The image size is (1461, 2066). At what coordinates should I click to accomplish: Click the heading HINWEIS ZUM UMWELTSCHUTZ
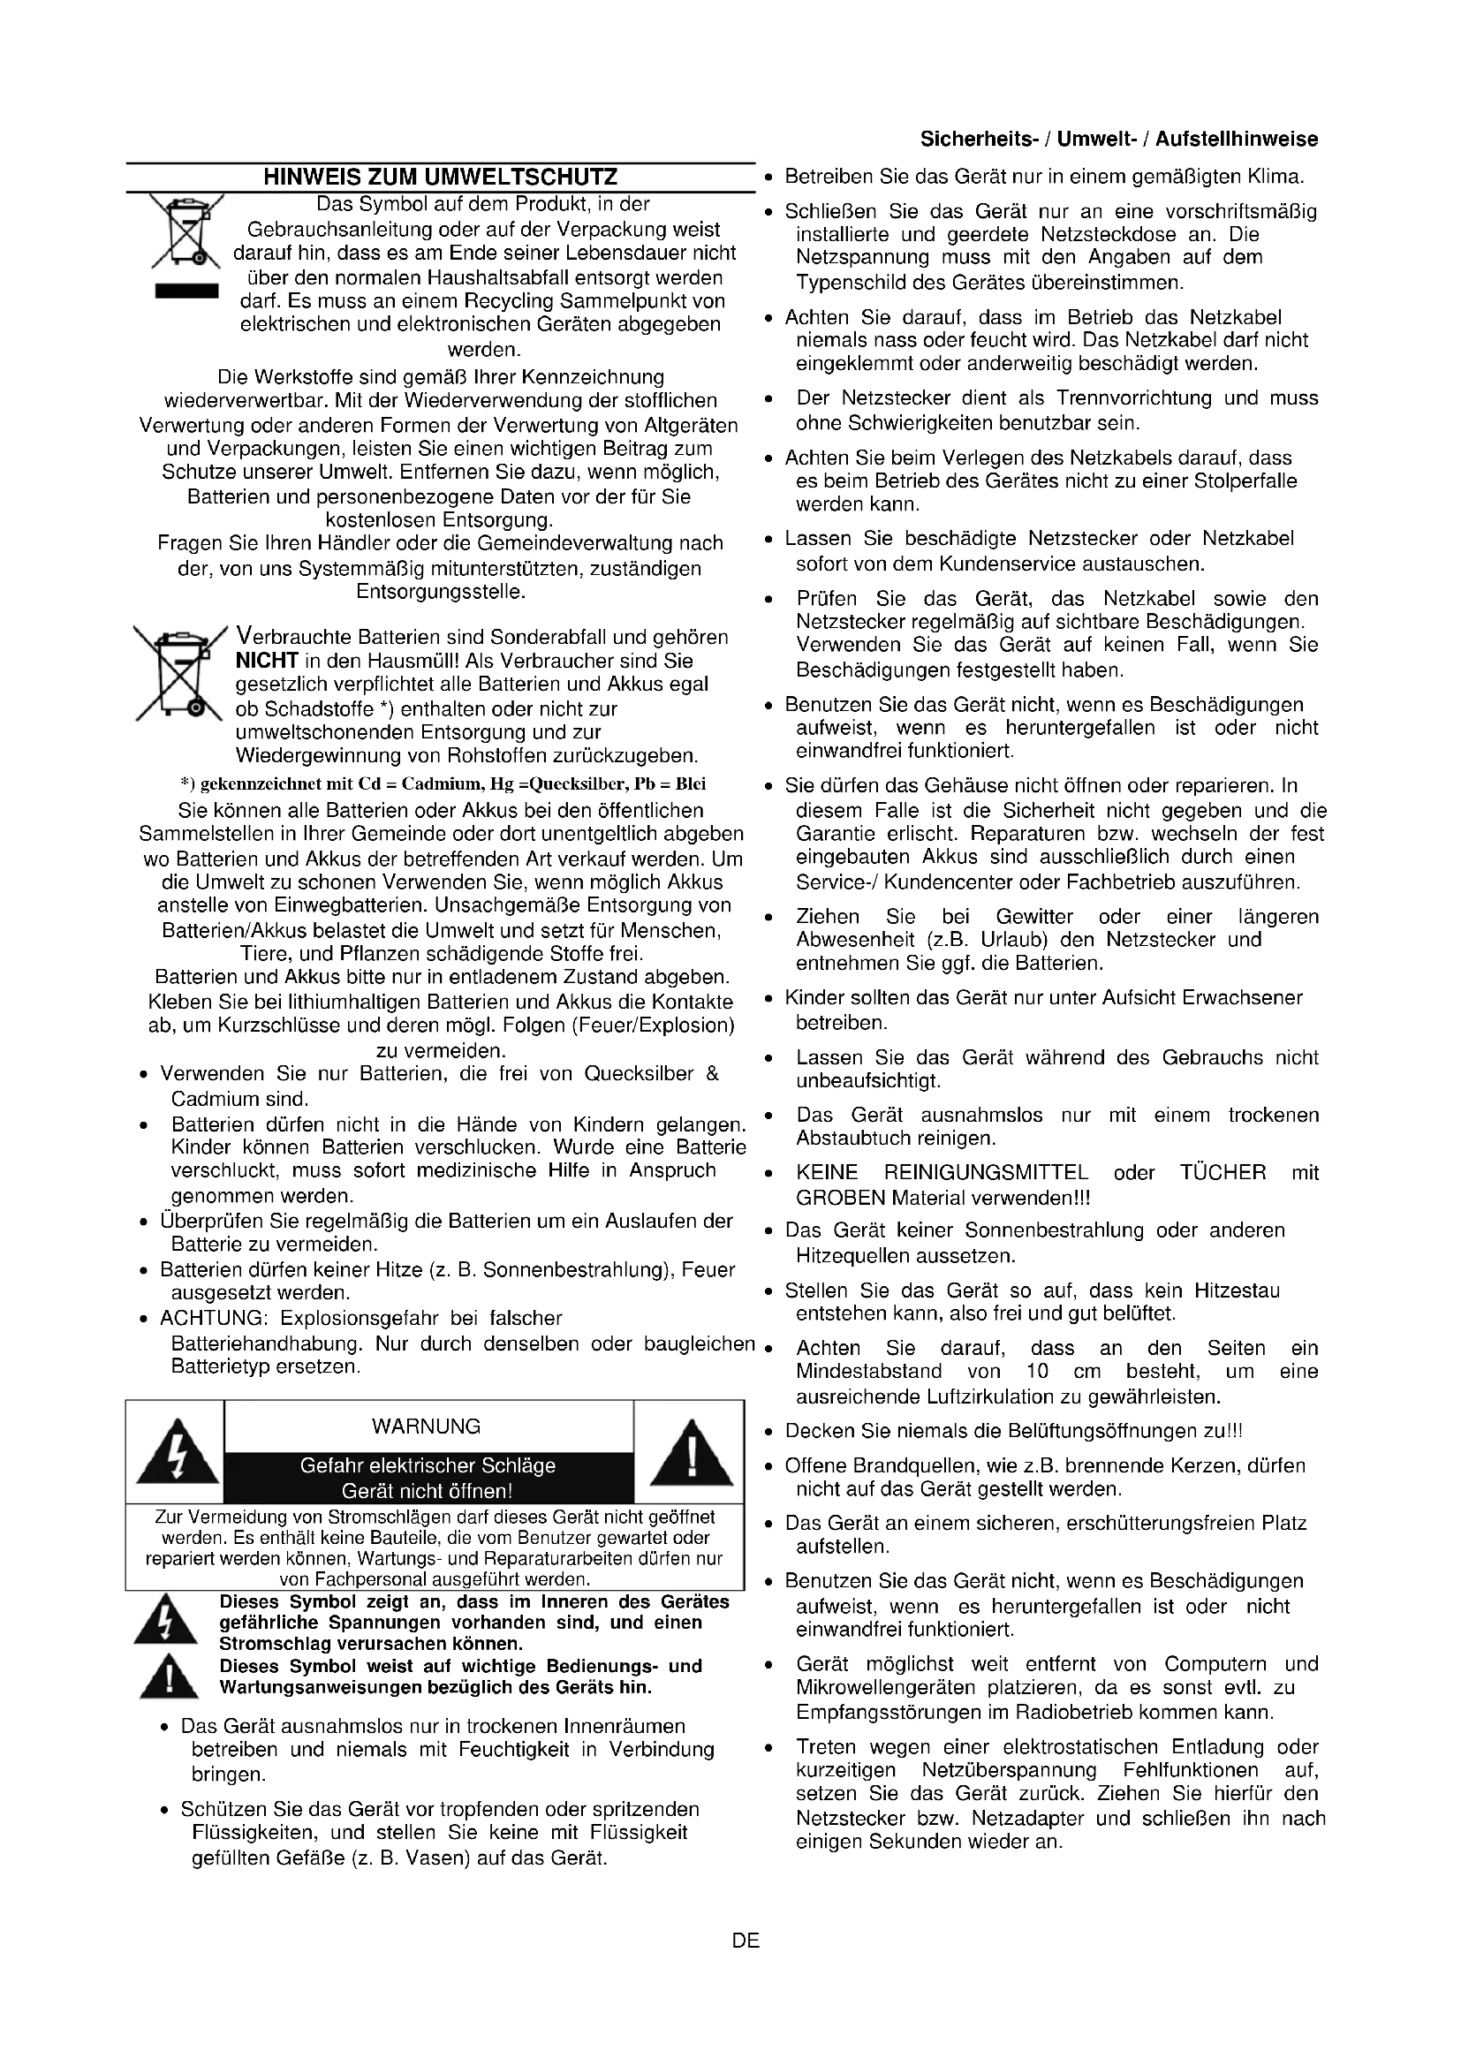click(440, 178)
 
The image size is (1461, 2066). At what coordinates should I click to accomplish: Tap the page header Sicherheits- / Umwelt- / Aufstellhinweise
click(1119, 140)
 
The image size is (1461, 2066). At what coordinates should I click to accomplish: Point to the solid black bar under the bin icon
click(186, 291)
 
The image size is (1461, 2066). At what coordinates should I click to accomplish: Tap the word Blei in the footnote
click(691, 783)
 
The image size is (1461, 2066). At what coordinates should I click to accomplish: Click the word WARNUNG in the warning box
click(426, 1427)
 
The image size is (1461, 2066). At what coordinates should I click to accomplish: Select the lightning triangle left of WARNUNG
click(177, 1452)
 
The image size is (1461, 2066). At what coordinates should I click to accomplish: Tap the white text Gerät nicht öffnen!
click(427, 1491)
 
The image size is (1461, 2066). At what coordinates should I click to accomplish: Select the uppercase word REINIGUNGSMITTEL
click(986, 1173)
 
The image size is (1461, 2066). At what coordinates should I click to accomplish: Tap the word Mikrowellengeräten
click(885, 1688)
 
